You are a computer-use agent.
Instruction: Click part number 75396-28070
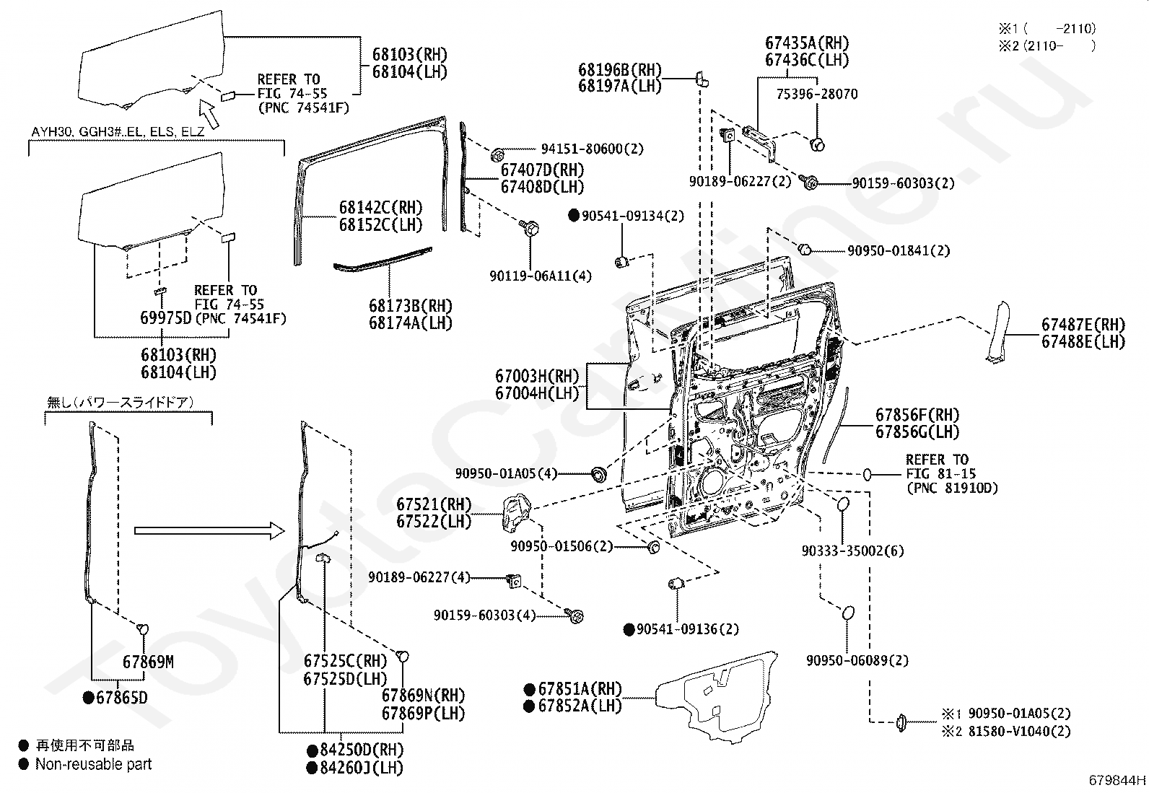coord(816,94)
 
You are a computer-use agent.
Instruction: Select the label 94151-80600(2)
coord(592,149)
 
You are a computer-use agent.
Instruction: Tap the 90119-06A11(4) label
coord(541,276)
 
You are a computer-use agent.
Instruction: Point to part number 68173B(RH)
coord(411,306)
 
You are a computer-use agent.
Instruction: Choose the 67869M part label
coord(148,662)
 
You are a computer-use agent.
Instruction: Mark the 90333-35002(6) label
coord(852,551)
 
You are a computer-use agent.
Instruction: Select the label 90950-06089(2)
coord(857,660)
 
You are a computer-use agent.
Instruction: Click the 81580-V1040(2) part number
coord(1019,731)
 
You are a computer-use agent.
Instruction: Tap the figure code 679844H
coord(1117,780)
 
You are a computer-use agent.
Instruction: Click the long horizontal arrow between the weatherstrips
coord(209,531)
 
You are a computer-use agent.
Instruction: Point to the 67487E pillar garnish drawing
coord(997,333)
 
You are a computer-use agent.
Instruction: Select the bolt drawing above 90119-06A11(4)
coord(530,227)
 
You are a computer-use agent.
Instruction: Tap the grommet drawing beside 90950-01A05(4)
coord(598,475)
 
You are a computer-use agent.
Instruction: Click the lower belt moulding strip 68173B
coord(383,260)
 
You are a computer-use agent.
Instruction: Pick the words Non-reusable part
coord(93,764)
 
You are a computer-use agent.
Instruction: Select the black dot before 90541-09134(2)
coord(574,216)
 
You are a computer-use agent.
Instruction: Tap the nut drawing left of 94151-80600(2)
coord(497,154)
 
